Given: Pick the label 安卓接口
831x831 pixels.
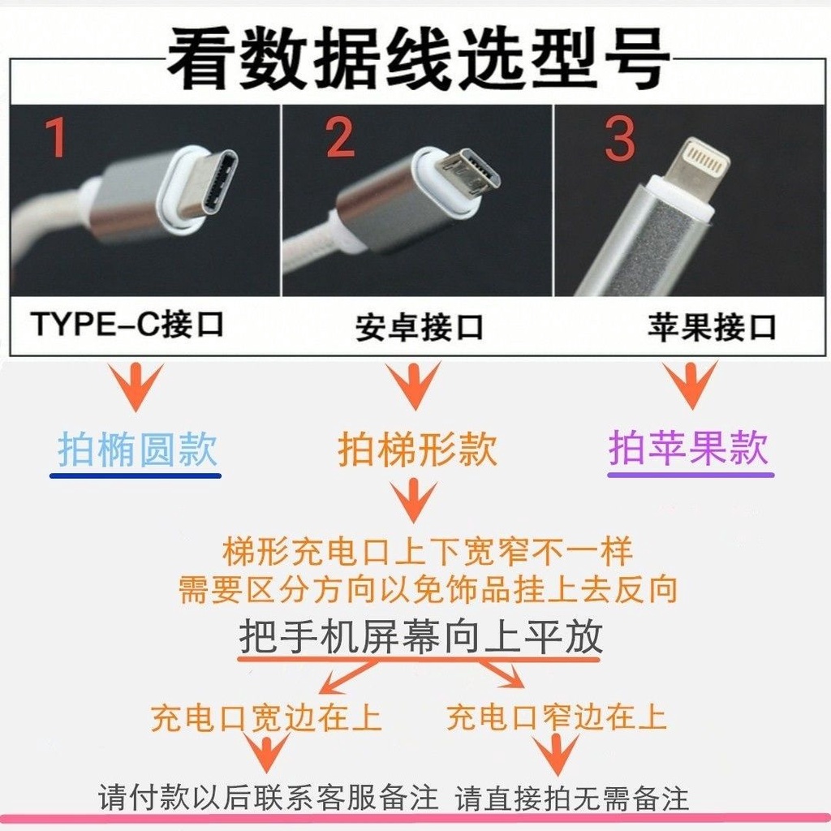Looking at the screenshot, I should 419,327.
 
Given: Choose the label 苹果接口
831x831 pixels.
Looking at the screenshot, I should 711,327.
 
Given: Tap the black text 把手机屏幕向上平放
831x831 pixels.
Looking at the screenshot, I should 421,638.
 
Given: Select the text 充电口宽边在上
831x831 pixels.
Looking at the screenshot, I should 266,717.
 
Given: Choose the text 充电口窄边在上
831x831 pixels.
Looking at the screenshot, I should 557,717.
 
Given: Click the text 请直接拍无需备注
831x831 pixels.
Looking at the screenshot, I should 572,799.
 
